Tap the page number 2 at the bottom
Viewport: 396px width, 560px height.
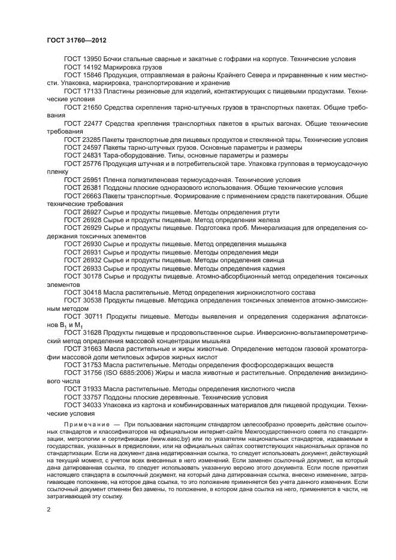[49, 508]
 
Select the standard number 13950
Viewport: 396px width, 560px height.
[92, 59]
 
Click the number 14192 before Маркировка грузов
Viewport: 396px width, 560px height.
[92, 67]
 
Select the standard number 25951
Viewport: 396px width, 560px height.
[92, 180]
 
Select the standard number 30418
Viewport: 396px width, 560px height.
[92, 293]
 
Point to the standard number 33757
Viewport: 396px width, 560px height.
[92, 397]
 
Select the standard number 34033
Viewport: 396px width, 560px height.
[92, 405]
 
